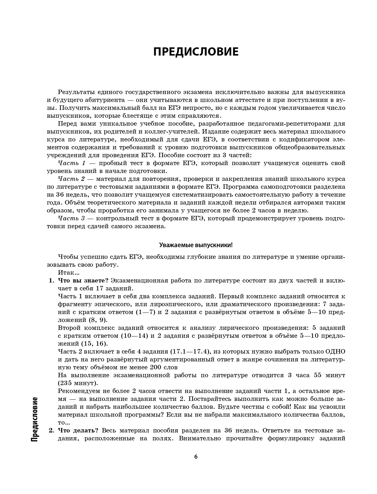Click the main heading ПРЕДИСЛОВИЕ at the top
click(x=196, y=52)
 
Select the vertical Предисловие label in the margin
click(x=34, y=420)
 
